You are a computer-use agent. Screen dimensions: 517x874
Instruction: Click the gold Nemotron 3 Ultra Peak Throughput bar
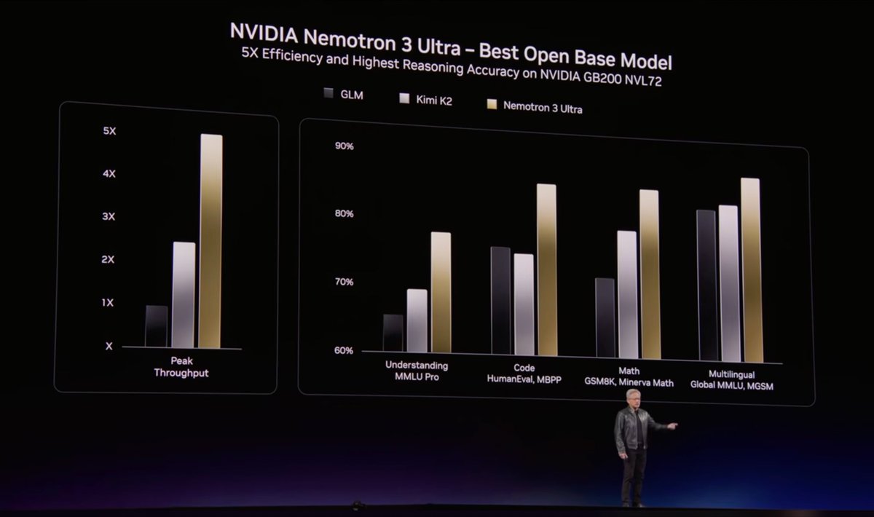pos(210,240)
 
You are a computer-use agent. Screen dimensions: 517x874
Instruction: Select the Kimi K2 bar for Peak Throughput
pos(184,294)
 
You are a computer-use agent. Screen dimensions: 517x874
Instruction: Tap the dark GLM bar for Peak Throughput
pos(157,325)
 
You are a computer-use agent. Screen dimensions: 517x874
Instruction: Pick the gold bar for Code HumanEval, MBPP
pos(546,269)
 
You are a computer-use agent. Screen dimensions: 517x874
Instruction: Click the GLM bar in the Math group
pos(605,317)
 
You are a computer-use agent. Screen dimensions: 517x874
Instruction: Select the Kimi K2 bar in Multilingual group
pos(728,283)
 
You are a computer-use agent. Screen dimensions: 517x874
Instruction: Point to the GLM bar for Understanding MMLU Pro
pos(393,333)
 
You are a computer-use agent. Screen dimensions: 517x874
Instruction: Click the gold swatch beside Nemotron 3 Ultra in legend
pos(491,106)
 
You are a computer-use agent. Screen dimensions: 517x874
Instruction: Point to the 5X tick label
pos(109,131)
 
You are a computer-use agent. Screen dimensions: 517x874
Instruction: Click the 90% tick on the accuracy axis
pos(344,146)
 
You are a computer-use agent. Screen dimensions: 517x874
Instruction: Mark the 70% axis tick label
pos(344,282)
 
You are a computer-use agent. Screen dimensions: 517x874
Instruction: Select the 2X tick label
pos(107,260)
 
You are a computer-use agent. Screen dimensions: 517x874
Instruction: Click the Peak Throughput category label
pos(181,367)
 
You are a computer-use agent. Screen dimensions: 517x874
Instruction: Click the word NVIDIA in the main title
pos(264,31)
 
